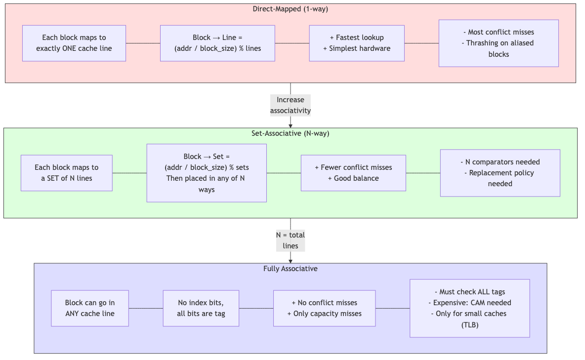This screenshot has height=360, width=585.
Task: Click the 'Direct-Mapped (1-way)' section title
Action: coord(290,9)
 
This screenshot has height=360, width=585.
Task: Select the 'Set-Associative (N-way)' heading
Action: coord(290,133)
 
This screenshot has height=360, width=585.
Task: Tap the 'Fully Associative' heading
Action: coord(290,269)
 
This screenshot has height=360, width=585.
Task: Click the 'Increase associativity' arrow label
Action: coord(290,105)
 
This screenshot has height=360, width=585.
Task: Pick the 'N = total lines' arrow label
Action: coord(290,240)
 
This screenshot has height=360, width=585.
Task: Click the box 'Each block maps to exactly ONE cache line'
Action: coord(74,43)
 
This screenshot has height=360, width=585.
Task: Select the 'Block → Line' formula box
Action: coord(217,43)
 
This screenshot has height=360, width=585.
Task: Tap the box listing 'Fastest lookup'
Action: coord(357,43)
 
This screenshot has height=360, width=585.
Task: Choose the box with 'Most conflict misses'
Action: coord(499,43)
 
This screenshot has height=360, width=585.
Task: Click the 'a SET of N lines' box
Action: coord(67,173)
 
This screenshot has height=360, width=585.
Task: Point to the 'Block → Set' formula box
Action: coord(207,173)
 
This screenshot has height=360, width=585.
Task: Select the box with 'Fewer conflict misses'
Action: coord(353,173)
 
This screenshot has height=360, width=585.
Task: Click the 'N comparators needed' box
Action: coord(500,173)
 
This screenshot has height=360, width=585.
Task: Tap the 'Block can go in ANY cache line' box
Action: coord(90,308)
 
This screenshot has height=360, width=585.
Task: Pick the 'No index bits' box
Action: coord(201,308)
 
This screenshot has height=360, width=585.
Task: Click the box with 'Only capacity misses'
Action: coord(324,308)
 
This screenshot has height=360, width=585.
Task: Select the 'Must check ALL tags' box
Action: coord(469,308)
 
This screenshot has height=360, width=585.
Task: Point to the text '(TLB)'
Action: coord(469,324)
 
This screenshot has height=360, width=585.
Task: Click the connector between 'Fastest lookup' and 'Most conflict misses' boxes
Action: coord(421,43)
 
